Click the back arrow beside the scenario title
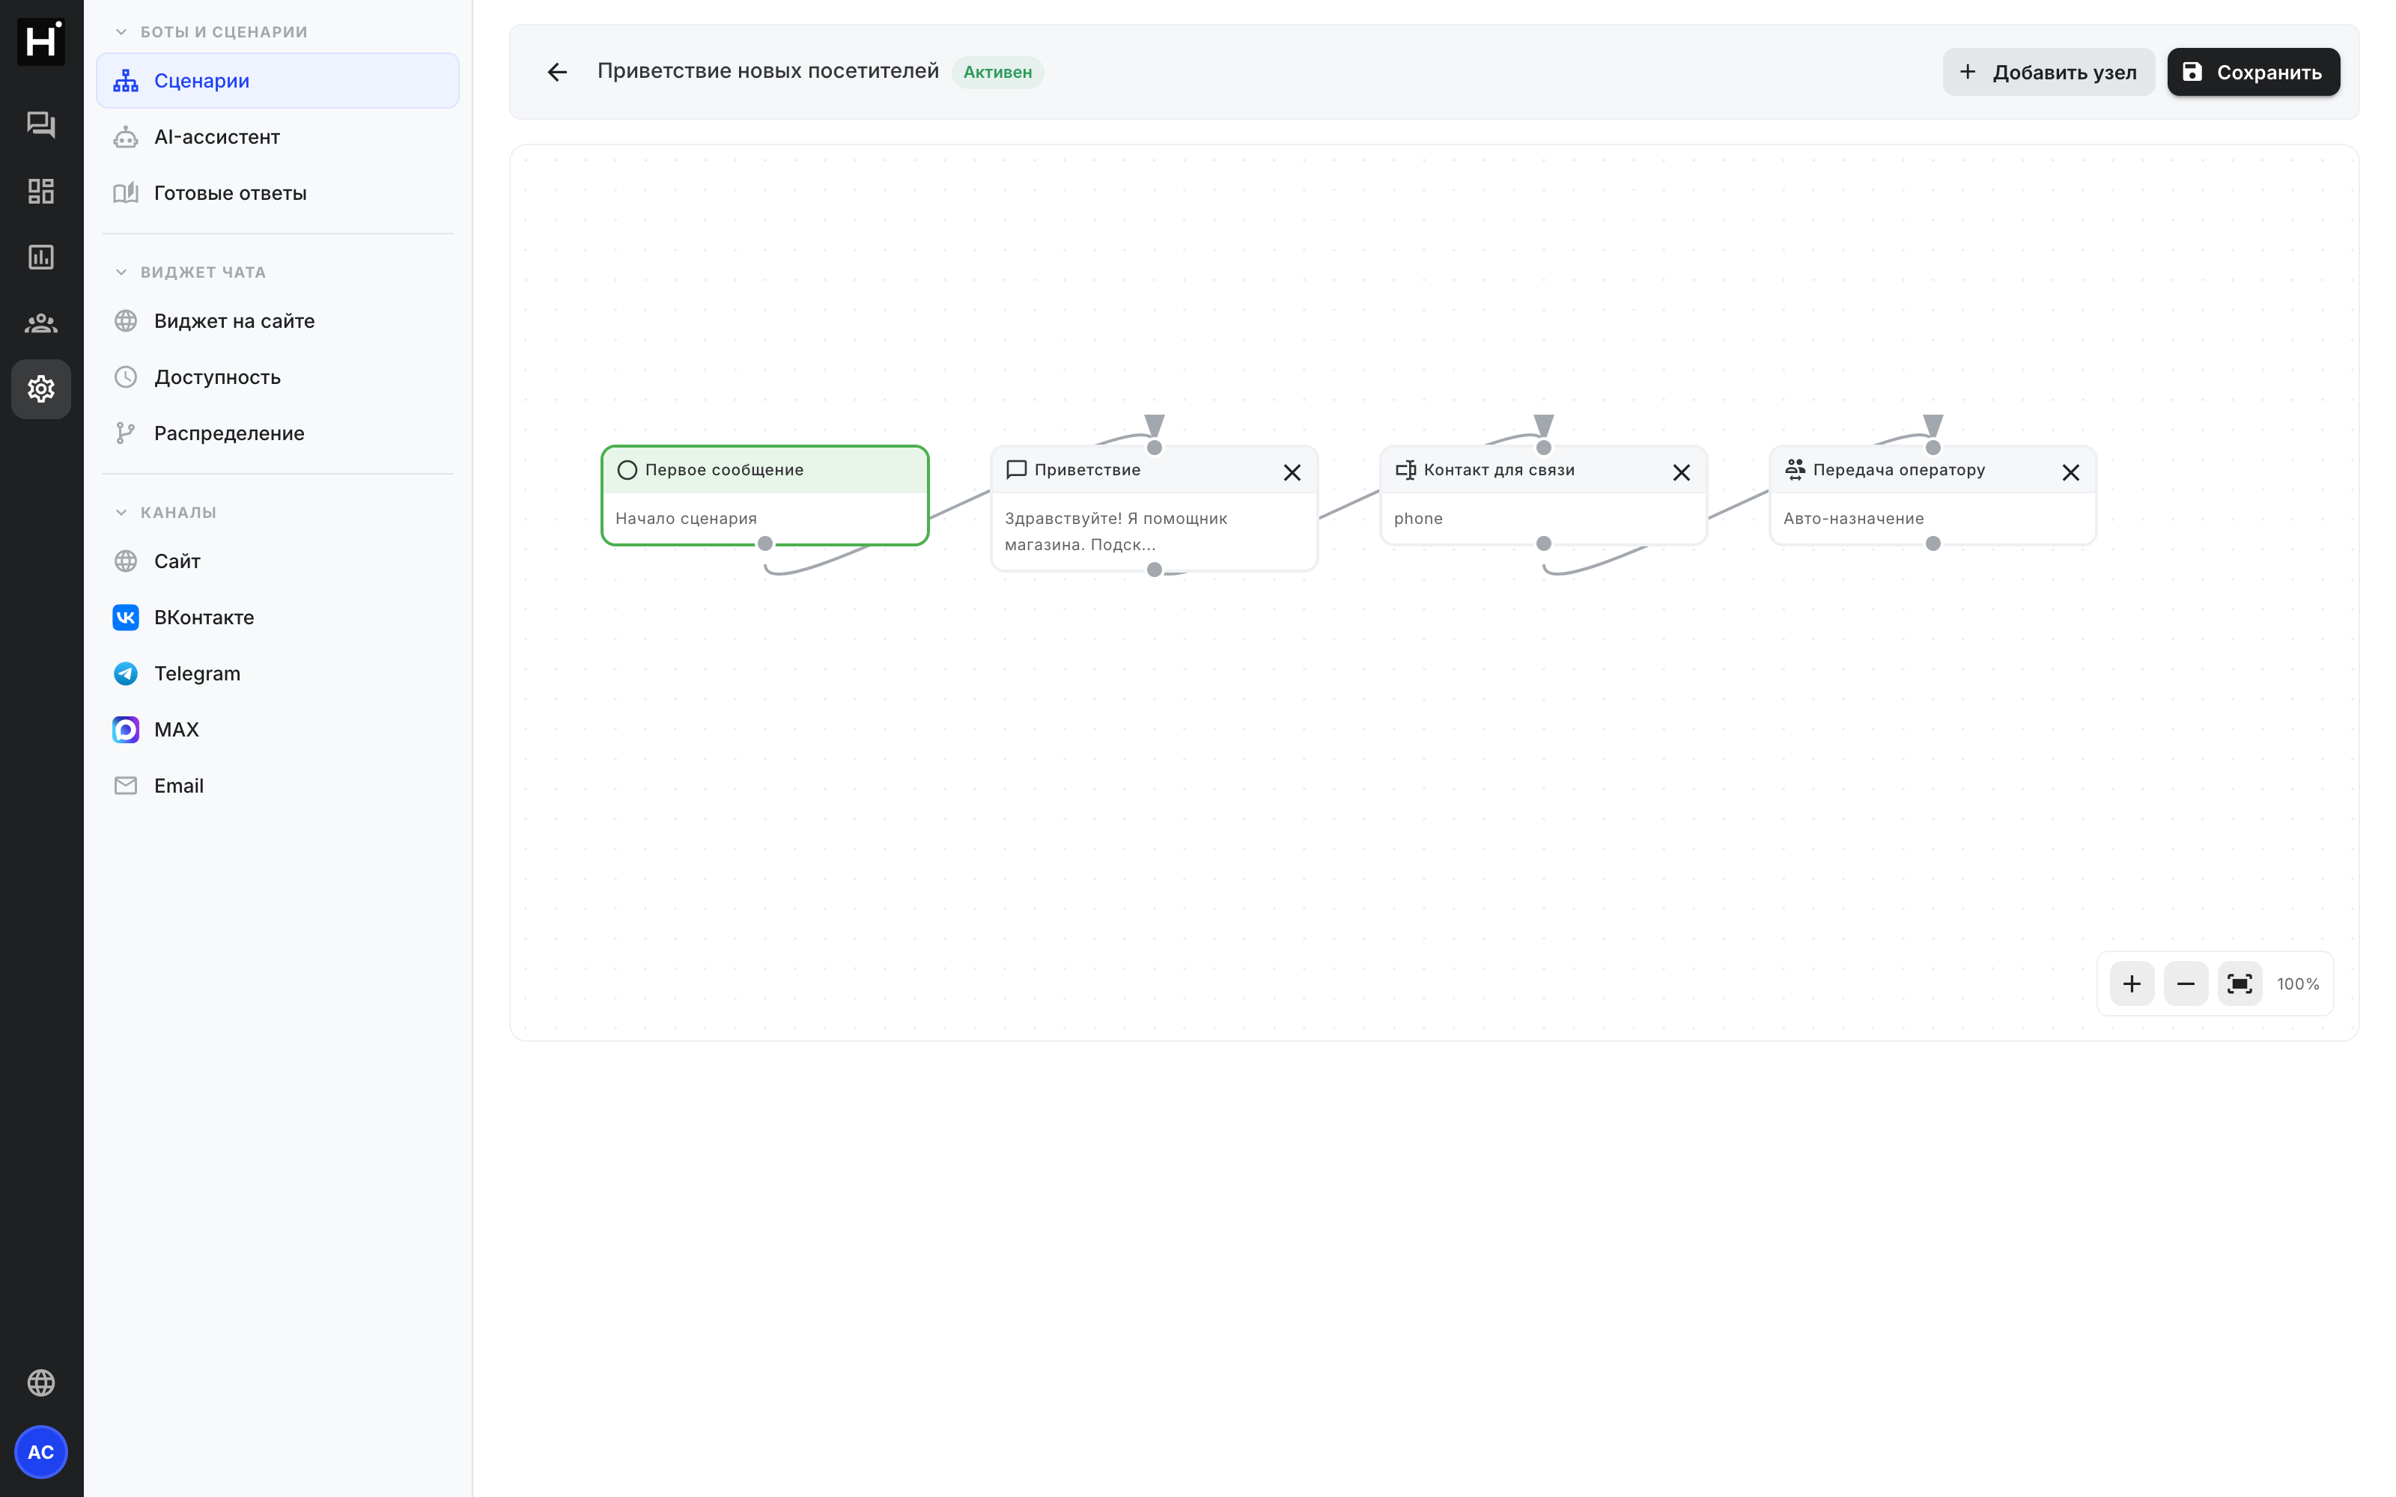pyautogui.click(x=557, y=73)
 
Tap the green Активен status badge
pyautogui.click(x=997, y=73)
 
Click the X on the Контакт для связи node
pyautogui.click(x=1680, y=472)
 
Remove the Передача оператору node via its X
pyautogui.click(x=2070, y=472)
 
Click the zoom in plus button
pyautogui.click(x=2132, y=983)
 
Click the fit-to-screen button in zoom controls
pyautogui.click(x=2239, y=983)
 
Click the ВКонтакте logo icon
pyautogui.click(x=126, y=617)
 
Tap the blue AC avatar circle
pyautogui.click(x=40, y=1451)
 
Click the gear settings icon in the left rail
pyautogui.click(x=40, y=389)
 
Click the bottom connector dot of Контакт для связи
pyautogui.click(x=1543, y=543)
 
